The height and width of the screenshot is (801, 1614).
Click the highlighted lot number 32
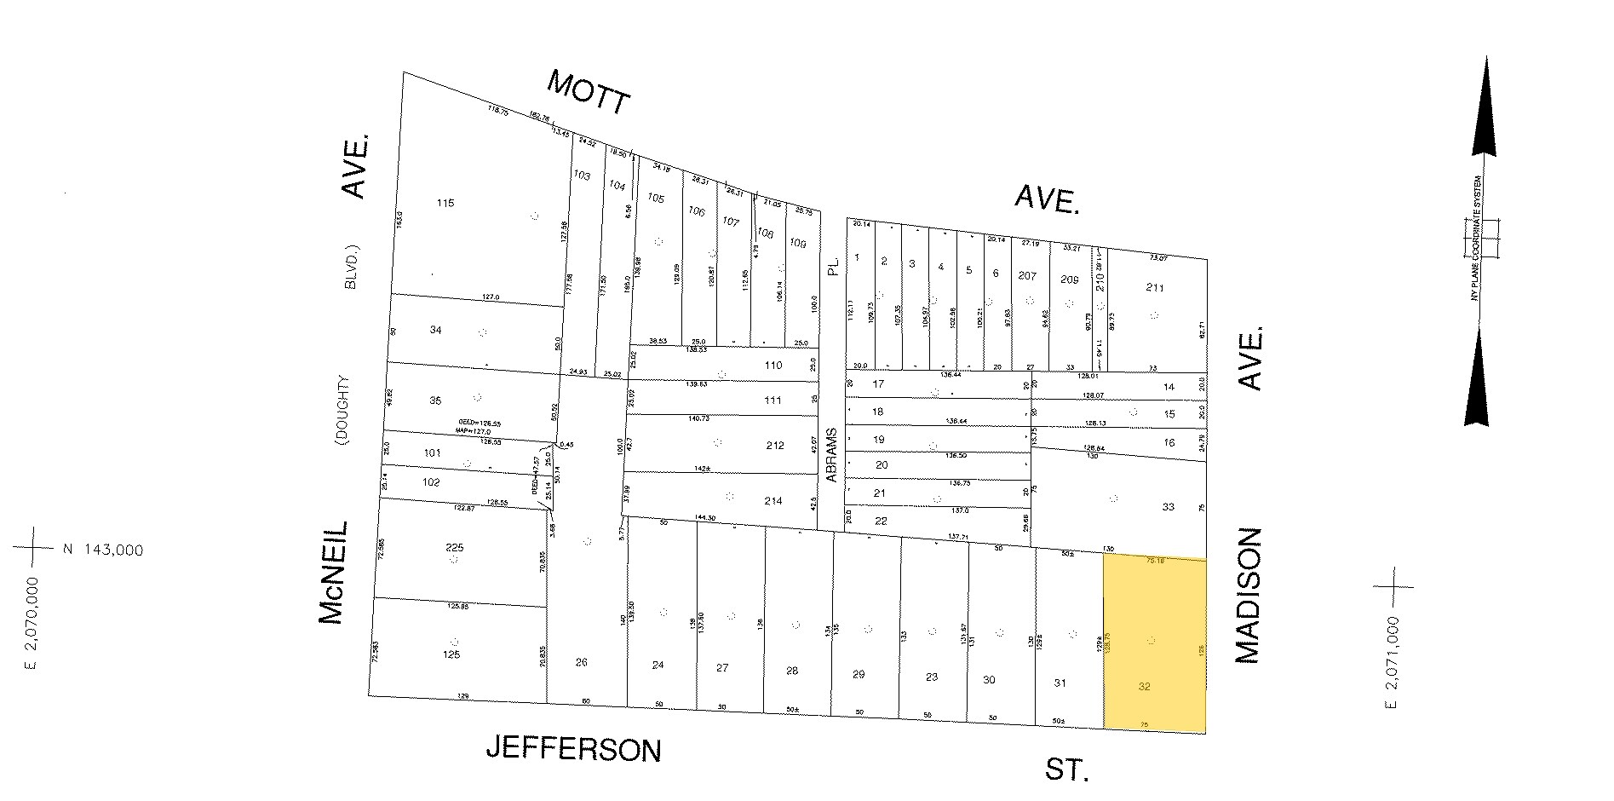1144,685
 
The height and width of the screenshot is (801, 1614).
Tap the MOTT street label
589,92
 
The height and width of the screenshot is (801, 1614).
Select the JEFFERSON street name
573,749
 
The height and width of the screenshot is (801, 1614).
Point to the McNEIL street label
334,573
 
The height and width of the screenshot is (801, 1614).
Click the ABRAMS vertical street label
832,454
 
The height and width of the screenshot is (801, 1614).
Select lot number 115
445,203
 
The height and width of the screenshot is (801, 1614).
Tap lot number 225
455,548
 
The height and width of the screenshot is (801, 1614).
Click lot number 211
1155,288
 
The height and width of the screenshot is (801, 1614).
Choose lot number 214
773,501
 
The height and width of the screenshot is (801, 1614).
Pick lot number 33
1168,507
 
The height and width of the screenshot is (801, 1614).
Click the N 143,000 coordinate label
102,550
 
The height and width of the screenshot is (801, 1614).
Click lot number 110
773,366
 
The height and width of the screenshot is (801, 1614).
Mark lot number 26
582,662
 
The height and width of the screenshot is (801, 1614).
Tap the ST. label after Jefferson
1066,771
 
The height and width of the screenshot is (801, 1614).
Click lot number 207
1027,276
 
